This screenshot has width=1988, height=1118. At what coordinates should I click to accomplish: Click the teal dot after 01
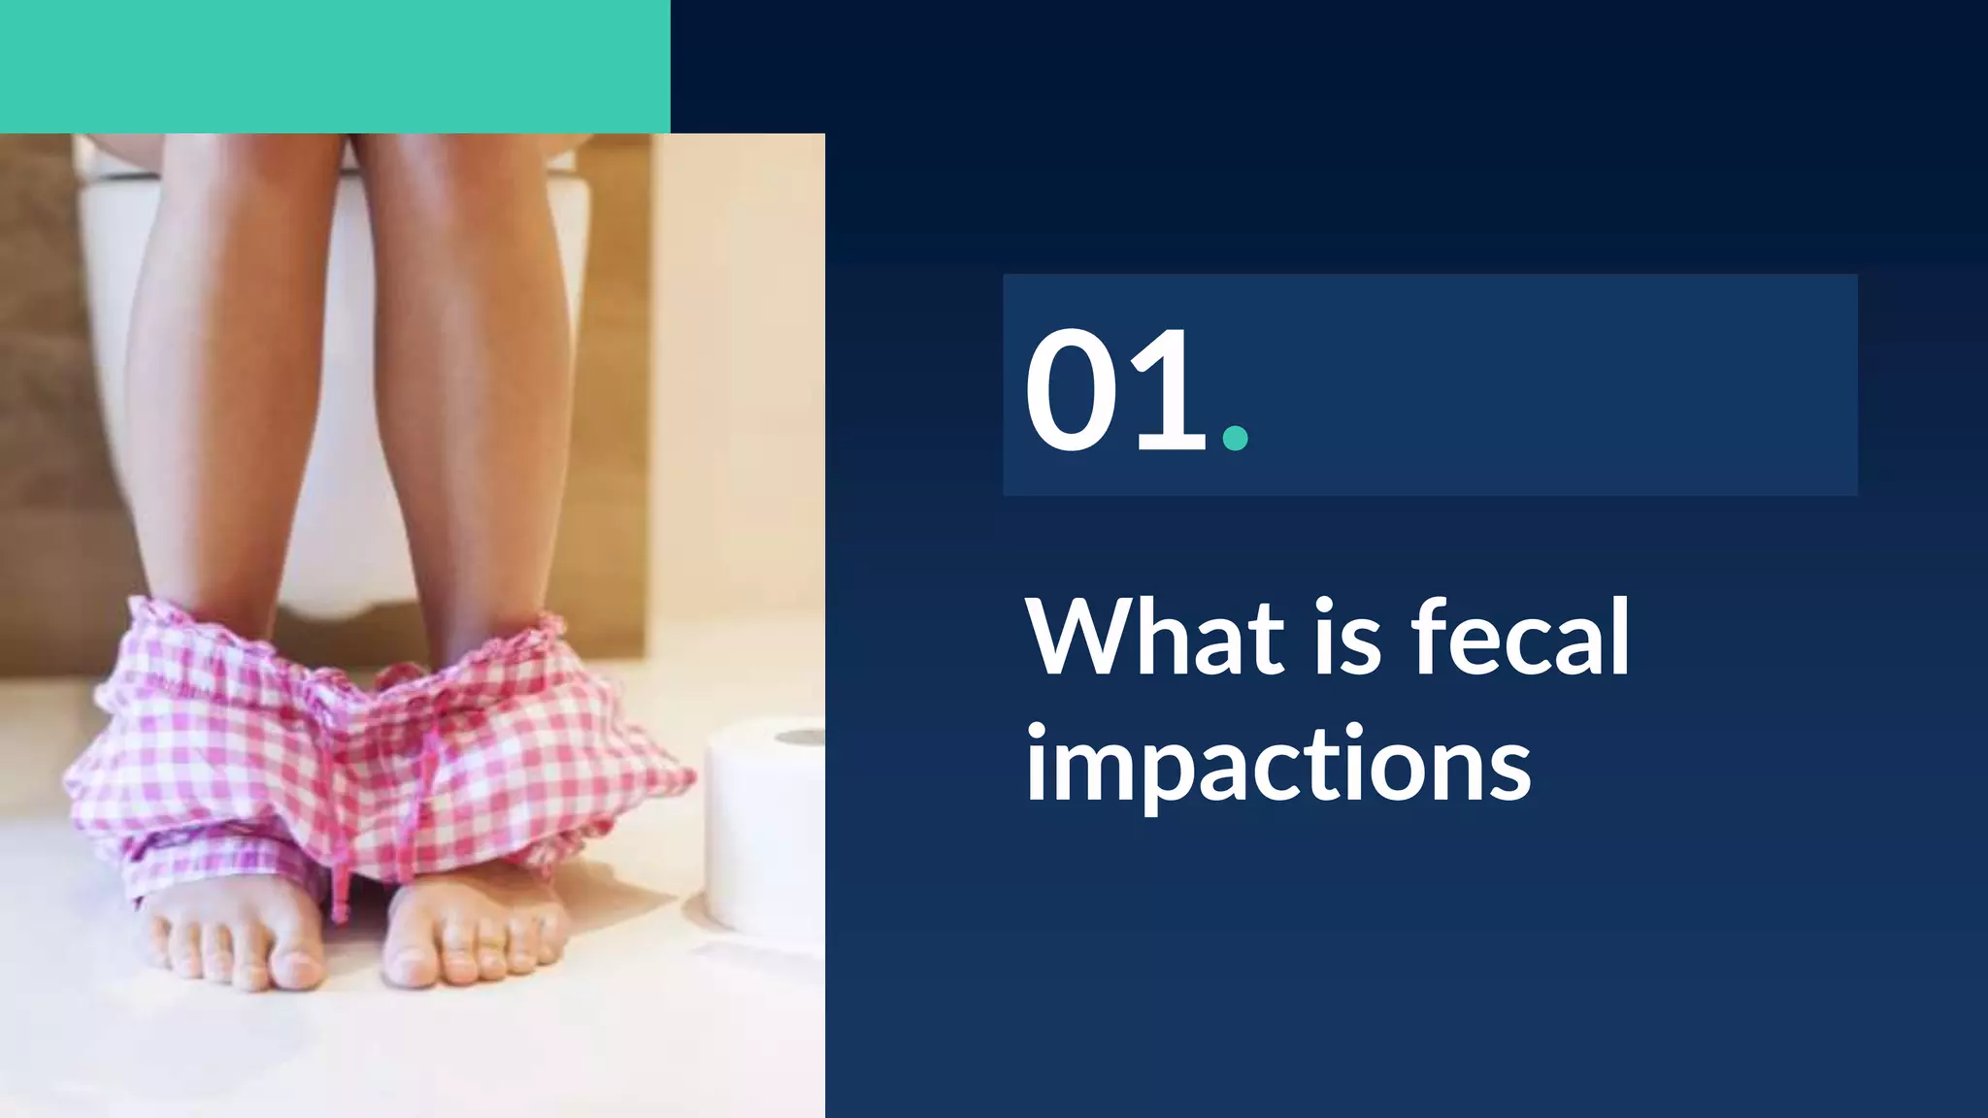1235,438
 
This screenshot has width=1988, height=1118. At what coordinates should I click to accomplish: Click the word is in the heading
1348,638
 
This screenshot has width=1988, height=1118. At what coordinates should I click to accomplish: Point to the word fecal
1520,638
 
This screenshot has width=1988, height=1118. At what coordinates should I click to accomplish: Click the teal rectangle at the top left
335,66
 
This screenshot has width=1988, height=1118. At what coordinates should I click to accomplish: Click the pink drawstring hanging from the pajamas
340,873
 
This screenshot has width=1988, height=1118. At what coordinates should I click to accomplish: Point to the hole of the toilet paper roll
801,738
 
